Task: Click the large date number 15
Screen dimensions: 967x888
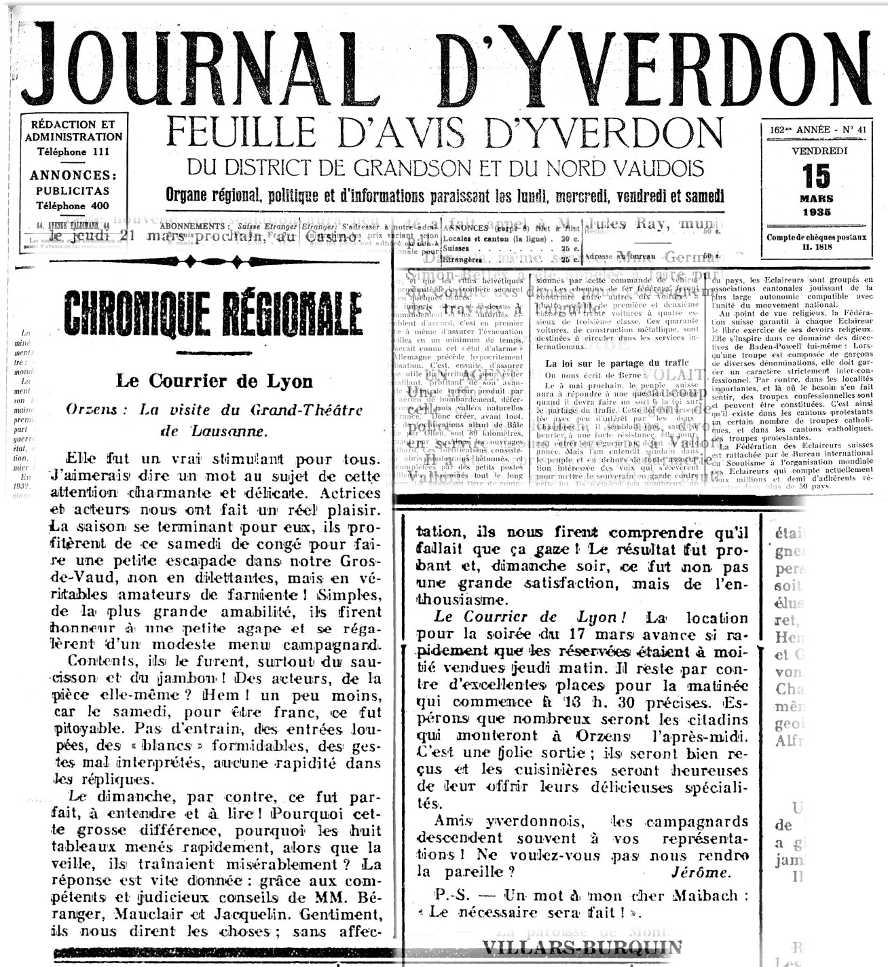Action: click(816, 176)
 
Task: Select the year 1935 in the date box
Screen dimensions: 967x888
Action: click(816, 212)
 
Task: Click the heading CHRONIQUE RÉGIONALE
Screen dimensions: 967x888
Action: click(212, 313)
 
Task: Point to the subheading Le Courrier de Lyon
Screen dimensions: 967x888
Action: click(214, 380)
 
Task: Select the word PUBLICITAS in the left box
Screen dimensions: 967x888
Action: click(73, 191)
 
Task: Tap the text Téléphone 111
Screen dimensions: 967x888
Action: click(73, 151)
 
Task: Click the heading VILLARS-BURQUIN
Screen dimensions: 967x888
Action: click(582, 948)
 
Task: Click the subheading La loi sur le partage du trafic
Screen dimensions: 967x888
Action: click(616, 363)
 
